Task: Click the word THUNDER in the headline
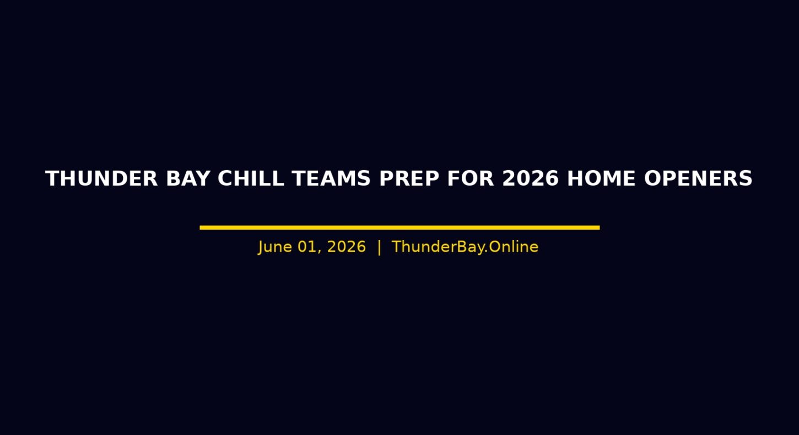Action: [101, 178]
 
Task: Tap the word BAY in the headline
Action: [188, 178]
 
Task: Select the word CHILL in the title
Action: [251, 178]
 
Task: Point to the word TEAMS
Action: [331, 178]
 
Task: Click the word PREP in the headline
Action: [409, 178]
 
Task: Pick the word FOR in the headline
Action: [471, 178]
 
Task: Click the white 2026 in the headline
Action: [531, 178]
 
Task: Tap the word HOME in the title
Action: [601, 178]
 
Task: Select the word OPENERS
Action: [698, 178]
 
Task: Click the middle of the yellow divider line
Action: [399, 227]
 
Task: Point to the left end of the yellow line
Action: [200, 227]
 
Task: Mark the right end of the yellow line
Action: [600, 227]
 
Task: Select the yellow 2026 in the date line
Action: [347, 247]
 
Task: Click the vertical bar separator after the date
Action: [379, 247]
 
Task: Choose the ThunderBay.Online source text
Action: [465, 247]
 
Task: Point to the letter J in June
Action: [261, 247]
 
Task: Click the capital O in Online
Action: [495, 247]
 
